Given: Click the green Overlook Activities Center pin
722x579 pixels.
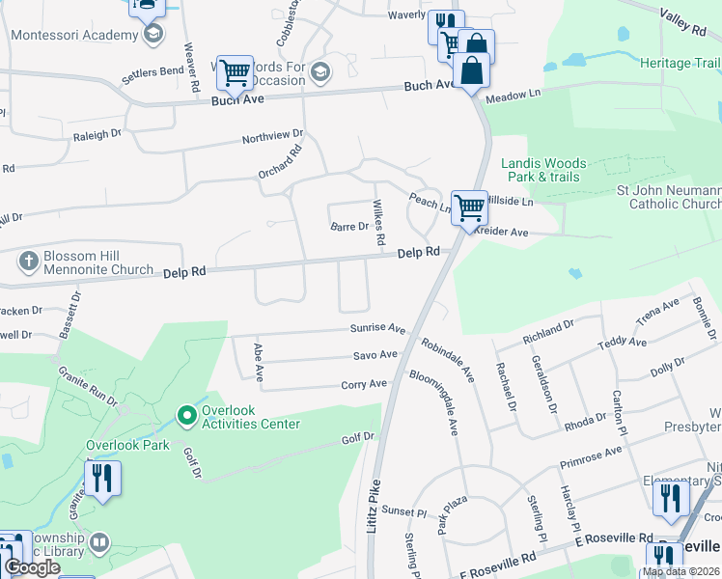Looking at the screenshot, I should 187,417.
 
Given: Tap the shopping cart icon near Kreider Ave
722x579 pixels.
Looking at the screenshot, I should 468,207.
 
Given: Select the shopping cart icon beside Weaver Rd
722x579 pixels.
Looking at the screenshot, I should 235,72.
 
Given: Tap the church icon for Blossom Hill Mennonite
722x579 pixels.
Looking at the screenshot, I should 29,261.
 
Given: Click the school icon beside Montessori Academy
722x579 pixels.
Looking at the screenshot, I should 152,36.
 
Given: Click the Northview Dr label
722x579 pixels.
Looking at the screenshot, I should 272,136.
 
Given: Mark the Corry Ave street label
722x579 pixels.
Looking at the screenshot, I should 364,384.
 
